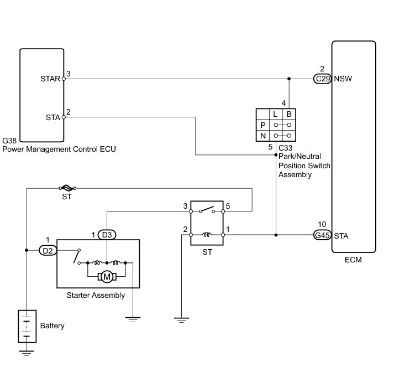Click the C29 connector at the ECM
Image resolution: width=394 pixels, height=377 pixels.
coord(323,79)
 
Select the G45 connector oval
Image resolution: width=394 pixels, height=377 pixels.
coord(323,235)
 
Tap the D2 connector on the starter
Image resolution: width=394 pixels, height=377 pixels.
coord(48,250)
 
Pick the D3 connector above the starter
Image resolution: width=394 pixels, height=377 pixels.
coord(107,235)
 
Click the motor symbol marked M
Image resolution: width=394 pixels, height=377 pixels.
coord(107,277)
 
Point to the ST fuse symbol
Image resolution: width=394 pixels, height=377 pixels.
coord(67,188)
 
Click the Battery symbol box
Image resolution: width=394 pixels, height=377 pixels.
coord(27,327)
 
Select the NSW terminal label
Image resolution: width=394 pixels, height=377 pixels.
coord(343,79)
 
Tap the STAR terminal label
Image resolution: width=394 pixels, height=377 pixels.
coord(50,79)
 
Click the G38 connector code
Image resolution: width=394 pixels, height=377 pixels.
coord(9,141)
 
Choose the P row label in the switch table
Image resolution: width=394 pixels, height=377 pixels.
coord(263,125)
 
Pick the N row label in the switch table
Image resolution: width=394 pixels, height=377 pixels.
coord(263,136)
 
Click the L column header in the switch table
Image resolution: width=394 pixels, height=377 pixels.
coord(275,114)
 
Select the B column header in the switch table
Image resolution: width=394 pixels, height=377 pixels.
coord(289,114)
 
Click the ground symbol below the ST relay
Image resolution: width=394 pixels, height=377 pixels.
coord(181,320)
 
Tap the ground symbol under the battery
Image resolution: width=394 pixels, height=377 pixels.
coord(27,353)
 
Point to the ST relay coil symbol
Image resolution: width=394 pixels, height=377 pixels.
coord(207,235)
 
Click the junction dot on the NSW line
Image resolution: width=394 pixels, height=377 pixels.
coord(289,79)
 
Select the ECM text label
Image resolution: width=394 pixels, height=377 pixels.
coord(353,260)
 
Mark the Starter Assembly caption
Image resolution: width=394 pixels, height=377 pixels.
coord(96,296)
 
